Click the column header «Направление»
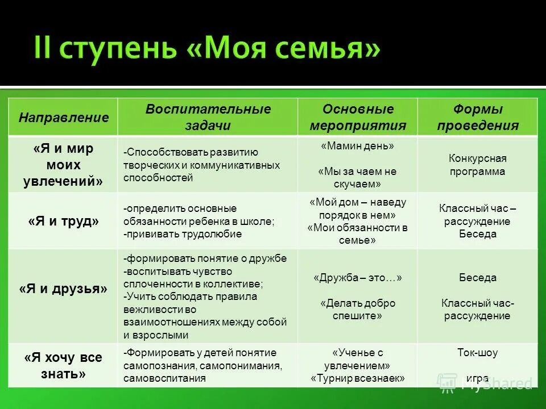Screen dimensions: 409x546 coord(63,118)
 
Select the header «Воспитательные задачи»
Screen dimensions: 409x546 coord(208,117)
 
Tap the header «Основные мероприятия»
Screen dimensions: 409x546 coord(358,117)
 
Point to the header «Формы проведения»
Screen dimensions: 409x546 coord(478,117)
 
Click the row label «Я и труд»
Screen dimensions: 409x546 coord(63,222)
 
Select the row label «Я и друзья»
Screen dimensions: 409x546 coord(63,289)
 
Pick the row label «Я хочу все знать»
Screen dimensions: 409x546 coord(63,366)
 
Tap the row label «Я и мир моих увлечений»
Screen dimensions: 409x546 coord(63,165)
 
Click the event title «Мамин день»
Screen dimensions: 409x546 coord(358,146)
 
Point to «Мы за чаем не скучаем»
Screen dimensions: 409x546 coord(358,177)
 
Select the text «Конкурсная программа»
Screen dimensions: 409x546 coord(478,165)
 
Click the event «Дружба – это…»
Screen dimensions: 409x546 coord(358,278)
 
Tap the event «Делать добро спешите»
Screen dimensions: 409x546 coord(358,309)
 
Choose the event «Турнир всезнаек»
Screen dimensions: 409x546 coord(358,378)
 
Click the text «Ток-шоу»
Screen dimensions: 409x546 coord(478,353)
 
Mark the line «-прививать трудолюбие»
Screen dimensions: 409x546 coord(183,233)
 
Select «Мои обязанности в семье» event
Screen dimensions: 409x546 coord(358,234)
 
